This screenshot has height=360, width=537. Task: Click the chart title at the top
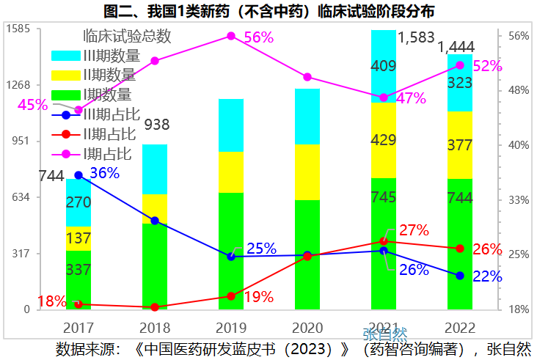(x=268, y=11)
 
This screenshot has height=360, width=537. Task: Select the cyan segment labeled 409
(x=384, y=66)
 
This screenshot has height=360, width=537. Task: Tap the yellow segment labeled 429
(x=384, y=140)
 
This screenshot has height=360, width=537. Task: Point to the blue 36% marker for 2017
(x=78, y=175)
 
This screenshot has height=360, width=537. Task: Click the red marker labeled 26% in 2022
(x=460, y=249)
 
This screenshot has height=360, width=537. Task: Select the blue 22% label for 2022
(x=487, y=276)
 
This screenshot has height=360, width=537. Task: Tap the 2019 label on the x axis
(x=231, y=327)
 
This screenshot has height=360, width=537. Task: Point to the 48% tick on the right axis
(x=519, y=90)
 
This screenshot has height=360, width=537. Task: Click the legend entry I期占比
(x=107, y=154)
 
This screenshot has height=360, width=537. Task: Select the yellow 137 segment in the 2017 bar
(x=78, y=238)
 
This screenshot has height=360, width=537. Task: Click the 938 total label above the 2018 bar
(x=156, y=125)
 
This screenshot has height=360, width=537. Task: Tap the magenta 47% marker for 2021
(x=384, y=98)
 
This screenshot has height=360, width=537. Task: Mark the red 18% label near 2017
(x=52, y=301)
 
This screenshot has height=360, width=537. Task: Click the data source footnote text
(x=293, y=348)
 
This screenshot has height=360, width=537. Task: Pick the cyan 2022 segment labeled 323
(x=460, y=83)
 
